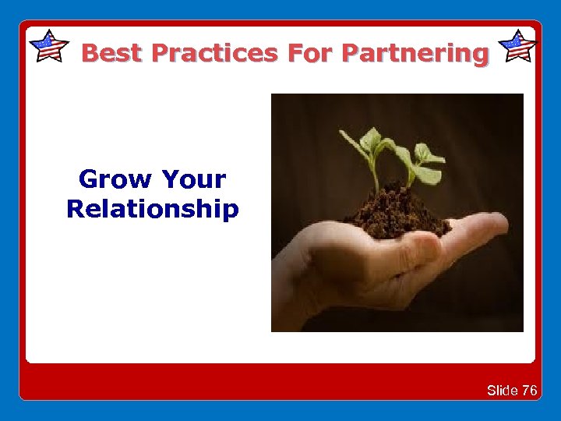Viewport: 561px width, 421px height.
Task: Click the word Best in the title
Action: (112, 53)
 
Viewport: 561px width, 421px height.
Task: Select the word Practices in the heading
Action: (214, 53)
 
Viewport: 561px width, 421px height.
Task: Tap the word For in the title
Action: (311, 53)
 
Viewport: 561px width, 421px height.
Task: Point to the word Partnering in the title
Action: (415, 53)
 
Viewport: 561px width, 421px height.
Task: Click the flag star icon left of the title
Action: (49, 46)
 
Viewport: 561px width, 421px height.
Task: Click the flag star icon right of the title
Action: (517, 46)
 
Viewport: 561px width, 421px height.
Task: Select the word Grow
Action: (115, 179)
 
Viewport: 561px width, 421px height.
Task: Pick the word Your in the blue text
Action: (194, 179)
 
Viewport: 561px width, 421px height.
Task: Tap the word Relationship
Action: (153, 209)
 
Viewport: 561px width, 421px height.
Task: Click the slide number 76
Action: (529, 391)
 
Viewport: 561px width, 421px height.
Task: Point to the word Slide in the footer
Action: (503, 391)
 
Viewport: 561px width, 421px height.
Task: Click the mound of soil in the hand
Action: (397, 214)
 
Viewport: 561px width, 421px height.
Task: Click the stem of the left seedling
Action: (376, 175)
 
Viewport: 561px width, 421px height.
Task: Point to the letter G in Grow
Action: (90, 179)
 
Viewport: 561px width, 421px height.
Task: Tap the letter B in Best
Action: (90, 53)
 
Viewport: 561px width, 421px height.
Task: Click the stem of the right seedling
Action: (411, 178)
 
